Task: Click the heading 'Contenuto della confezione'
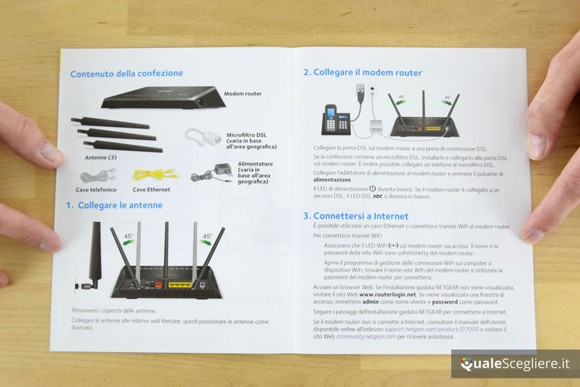(x=127, y=74)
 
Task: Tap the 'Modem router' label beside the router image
(x=243, y=94)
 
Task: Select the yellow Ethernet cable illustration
(x=155, y=174)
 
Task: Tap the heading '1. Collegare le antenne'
(x=114, y=205)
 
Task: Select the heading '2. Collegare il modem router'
(x=362, y=73)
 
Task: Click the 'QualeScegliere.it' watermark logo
(x=514, y=364)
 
